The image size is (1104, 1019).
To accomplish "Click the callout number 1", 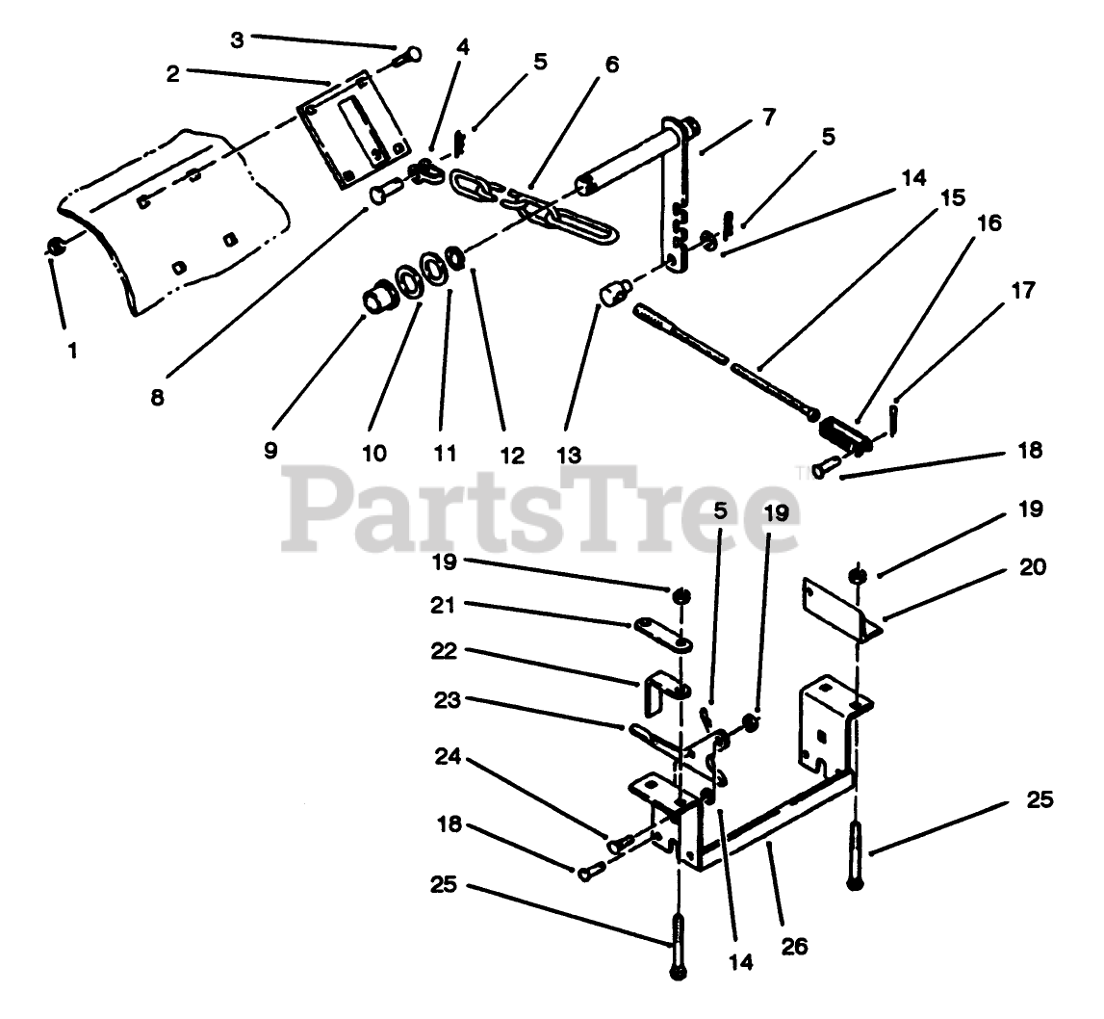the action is point(71,352).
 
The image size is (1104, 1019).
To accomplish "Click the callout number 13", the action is point(569,454).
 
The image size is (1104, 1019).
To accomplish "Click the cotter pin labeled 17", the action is point(895,415).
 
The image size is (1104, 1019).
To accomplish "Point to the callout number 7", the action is point(767,118).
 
